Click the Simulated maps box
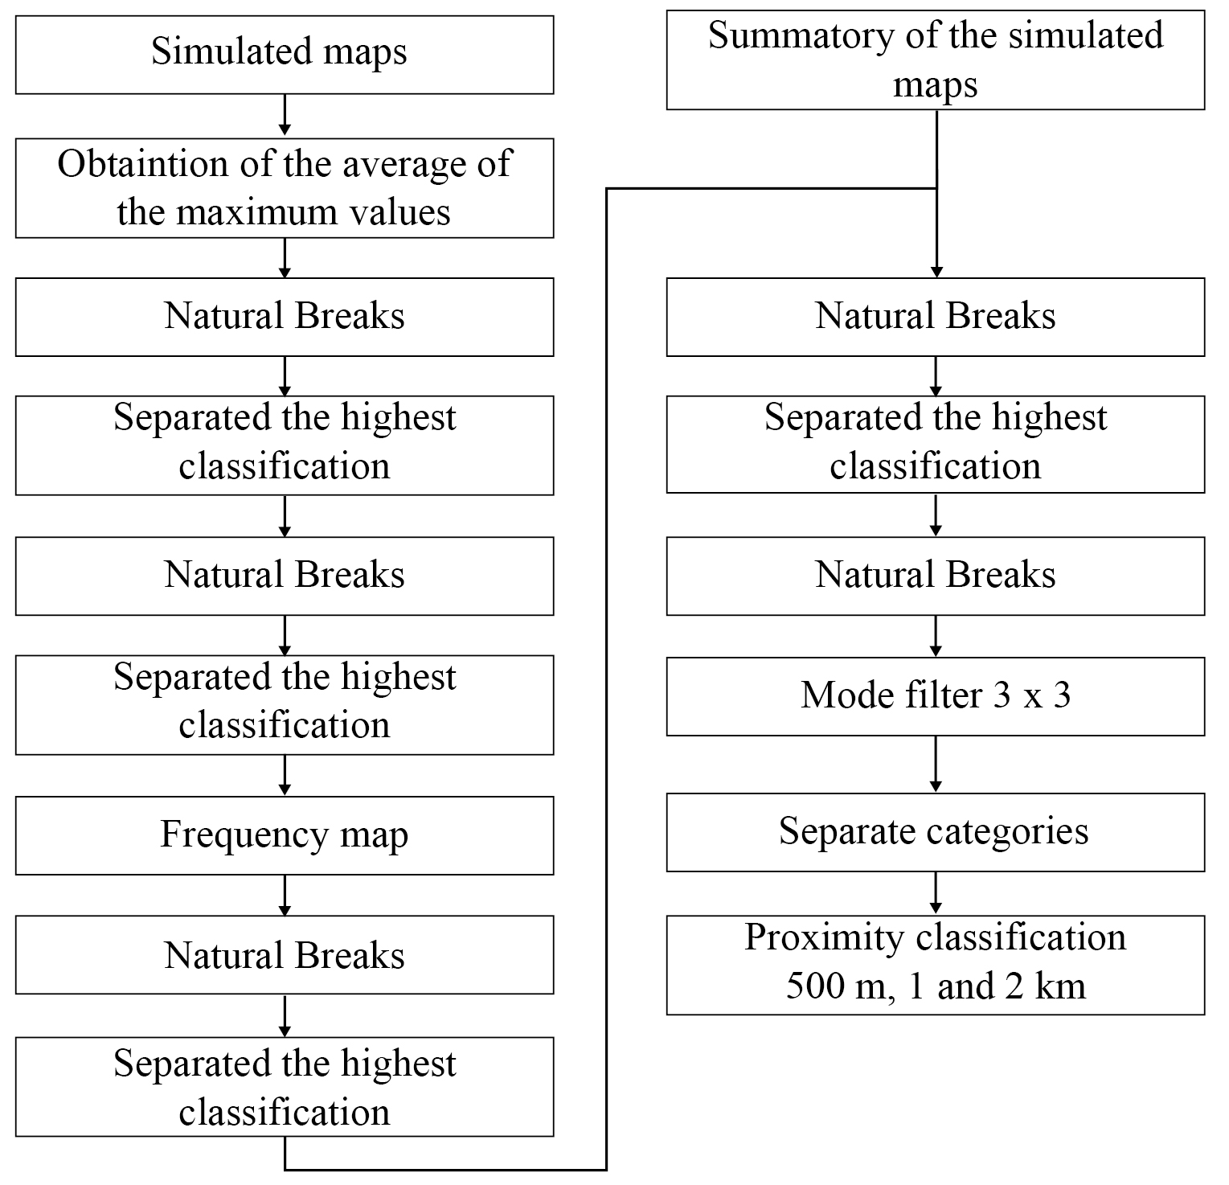pyautogui.click(x=284, y=55)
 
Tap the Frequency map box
pyautogui.click(x=284, y=835)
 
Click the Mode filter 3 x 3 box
pyautogui.click(x=935, y=696)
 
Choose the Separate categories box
pyautogui.click(x=935, y=832)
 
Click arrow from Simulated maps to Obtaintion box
pyautogui.click(x=284, y=116)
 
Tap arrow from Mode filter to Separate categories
pyautogui.click(x=935, y=764)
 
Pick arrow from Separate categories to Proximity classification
pyautogui.click(x=935, y=892)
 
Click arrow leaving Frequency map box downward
pyautogui.click(x=284, y=895)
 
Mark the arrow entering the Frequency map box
pyautogui.click(x=284, y=776)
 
